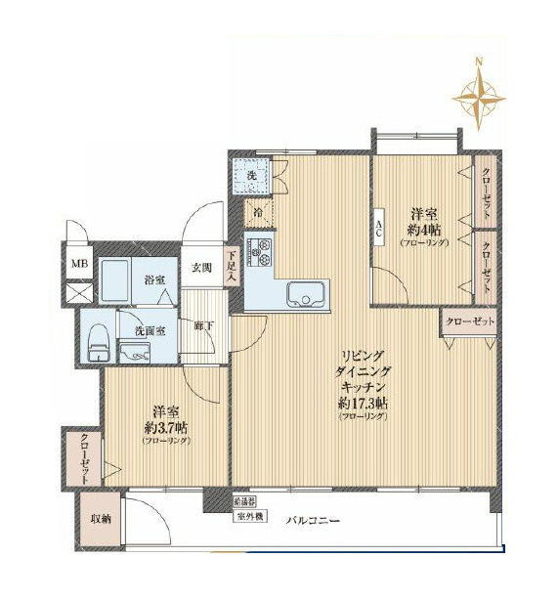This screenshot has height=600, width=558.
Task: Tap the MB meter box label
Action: [75, 264]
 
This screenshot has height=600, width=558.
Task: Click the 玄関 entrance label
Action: [202, 267]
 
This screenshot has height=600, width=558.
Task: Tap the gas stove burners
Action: [262, 253]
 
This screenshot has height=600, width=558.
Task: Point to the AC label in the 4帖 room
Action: [377, 232]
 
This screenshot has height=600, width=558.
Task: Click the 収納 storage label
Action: [101, 519]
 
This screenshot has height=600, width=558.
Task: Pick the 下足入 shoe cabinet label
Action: [233, 265]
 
